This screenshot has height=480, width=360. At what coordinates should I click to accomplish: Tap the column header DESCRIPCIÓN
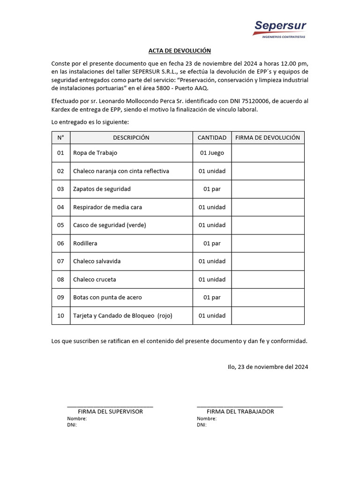[x=131, y=138]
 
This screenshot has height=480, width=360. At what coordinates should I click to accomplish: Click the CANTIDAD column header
[x=212, y=138]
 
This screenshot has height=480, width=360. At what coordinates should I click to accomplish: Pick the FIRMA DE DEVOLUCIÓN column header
[x=267, y=138]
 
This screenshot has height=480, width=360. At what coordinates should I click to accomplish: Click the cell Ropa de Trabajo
[x=95, y=153]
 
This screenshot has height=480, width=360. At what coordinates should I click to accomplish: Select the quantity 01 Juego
[x=212, y=153]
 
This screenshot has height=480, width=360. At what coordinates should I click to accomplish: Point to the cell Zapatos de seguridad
[x=102, y=189]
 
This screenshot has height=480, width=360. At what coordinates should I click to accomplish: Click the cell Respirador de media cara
[x=107, y=207]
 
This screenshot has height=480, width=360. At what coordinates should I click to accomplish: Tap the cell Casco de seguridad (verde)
[x=109, y=225]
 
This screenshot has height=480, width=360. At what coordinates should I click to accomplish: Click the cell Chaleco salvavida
[x=97, y=261]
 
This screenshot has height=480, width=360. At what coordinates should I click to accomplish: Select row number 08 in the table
[x=60, y=279]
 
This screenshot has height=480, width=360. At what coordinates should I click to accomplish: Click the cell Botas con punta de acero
[x=107, y=297]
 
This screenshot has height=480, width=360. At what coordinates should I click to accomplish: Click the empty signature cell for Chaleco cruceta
[x=268, y=279]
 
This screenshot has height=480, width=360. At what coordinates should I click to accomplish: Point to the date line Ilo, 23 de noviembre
[x=268, y=367]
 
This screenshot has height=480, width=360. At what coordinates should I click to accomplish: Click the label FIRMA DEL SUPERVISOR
[x=110, y=412]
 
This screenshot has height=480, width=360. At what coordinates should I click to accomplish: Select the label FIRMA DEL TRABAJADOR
[x=240, y=412]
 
